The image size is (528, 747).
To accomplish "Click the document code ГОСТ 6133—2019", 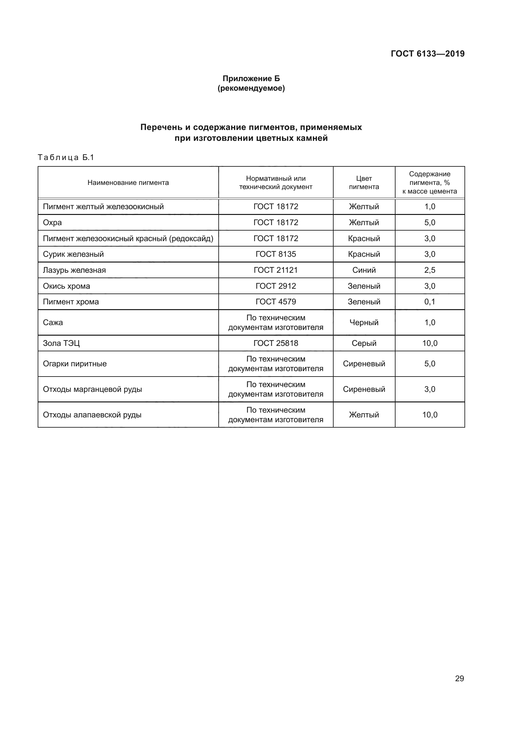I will (427, 54).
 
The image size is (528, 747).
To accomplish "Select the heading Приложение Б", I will (251, 79).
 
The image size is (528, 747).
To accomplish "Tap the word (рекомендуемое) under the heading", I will (251, 88).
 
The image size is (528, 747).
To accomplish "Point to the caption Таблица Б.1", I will (66, 157).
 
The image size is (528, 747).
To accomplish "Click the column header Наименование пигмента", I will (128, 183).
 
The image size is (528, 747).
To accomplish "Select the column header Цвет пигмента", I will (364, 183).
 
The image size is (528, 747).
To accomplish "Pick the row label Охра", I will (52, 223).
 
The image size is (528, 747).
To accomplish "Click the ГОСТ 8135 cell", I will (276, 254).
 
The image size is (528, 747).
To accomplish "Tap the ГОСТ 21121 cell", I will (276, 270).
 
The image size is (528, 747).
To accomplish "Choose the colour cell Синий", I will (364, 270).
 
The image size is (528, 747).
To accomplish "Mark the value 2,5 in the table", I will (429, 270).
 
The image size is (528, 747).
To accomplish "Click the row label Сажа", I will (53, 323).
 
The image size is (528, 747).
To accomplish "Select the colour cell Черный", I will (364, 323).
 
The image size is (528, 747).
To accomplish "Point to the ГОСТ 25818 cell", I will (276, 343).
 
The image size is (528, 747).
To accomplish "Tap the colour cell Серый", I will (364, 343).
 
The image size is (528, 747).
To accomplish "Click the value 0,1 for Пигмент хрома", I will (429, 301).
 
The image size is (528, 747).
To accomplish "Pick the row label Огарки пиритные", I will (75, 364).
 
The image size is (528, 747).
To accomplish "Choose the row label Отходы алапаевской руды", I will (92, 415).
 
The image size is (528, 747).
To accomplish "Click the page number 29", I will (459, 678).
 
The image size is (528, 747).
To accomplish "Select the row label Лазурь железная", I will (74, 270).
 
